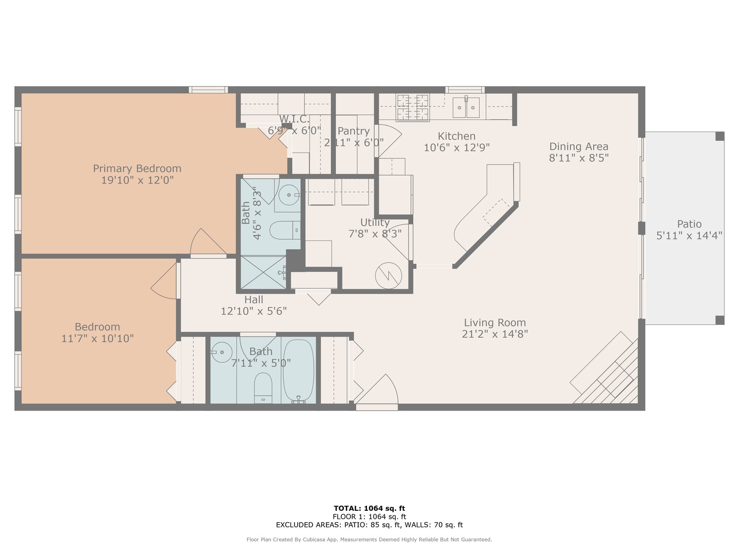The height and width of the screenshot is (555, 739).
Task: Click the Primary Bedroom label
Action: pyautogui.click(x=137, y=169)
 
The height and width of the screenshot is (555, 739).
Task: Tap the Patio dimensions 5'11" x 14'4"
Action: pyautogui.click(x=689, y=236)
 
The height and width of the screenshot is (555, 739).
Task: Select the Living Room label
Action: pyautogui.click(x=495, y=323)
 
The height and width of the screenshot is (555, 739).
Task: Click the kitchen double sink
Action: pyautogui.click(x=465, y=107)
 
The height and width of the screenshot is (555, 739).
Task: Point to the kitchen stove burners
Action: pyautogui.click(x=413, y=106)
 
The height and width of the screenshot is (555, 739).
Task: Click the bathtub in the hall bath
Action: pyautogui.click(x=299, y=369)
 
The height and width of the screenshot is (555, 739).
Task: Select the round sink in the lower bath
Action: pyautogui.click(x=222, y=353)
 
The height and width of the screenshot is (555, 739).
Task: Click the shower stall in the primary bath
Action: pyautogui.click(x=263, y=273)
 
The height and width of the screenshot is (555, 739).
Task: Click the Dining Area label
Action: pyautogui.click(x=578, y=146)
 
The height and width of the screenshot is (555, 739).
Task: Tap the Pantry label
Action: pyautogui.click(x=354, y=131)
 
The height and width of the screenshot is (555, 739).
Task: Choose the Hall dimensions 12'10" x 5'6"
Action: pyautogui.click(x=254, y=311)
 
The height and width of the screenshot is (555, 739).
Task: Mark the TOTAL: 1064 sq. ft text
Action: pyautogui.click(x=369, y=508)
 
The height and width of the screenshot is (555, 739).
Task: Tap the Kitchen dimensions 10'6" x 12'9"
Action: pyautogui.click(x=456, y=148)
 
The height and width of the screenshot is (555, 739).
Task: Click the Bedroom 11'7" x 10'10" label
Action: pyautogui.click(x=98, y=327)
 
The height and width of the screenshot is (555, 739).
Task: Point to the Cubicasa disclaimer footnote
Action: pyautogui.click(x=369, y=540)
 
